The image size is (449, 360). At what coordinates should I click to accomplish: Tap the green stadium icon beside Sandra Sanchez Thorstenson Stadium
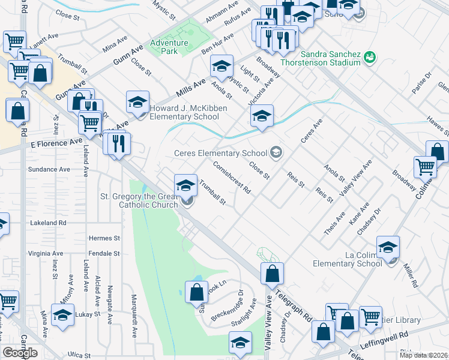coord(370,58)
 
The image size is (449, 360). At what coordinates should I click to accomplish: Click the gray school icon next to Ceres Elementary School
coord(276,152)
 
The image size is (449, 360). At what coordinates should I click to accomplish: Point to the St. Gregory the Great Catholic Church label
coord(139,201)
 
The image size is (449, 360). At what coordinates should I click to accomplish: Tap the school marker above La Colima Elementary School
coord(388,247)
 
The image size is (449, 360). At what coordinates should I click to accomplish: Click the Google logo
coord(20,352)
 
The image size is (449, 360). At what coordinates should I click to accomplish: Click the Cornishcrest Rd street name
coord(232,176)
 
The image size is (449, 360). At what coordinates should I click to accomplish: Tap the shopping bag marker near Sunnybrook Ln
coord(197,292)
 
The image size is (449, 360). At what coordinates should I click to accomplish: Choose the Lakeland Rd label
coord(47,223)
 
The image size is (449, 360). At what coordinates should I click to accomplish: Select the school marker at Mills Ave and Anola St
coord(221,66)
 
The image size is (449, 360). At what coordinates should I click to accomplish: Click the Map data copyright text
coord(423,355)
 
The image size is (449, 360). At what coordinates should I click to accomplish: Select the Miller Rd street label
coord(411,272)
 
